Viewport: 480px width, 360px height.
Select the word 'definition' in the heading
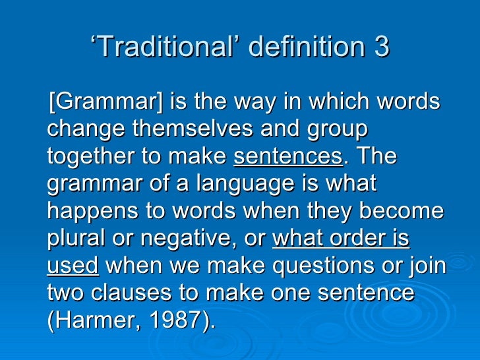tap(295, 47)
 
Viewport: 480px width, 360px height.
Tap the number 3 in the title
tap(382, 47)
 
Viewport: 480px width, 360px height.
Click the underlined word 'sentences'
tap(288, 157)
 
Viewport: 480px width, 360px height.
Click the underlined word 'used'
tap(73, 266)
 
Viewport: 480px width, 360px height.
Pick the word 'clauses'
tap(133, 293)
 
